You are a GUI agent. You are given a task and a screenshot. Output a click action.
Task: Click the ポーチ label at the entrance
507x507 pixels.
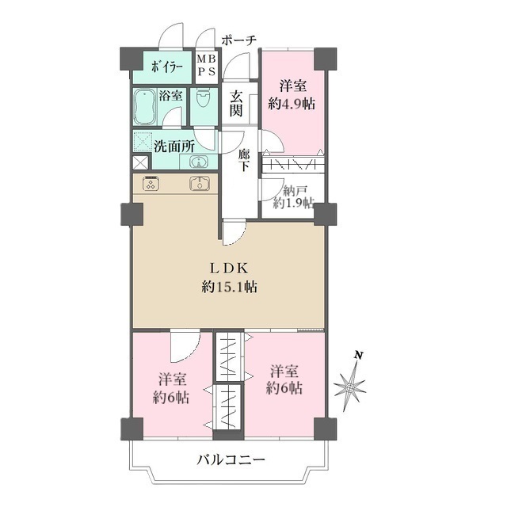pyautogui.click(x=239, y=39)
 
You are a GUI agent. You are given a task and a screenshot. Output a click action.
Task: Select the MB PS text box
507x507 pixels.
pyautogui.click(x=205, y=65)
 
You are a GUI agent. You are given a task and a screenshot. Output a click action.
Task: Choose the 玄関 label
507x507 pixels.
pyautogui.click(x=236, y=102)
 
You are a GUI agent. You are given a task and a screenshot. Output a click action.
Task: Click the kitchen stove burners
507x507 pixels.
pyautogui.click(x=151, y=184)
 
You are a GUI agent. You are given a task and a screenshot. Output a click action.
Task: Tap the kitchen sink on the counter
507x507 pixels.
pyautogui.click(x=198, y=184)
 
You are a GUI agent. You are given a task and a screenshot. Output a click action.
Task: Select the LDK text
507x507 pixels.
pyautogui.click(x=231, y=268)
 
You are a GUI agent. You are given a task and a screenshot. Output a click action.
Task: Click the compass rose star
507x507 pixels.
pyautogui.click(x=349, y=387)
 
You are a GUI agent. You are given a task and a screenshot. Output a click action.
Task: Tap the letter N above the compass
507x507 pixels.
pyautogui.click(x=359, y=356)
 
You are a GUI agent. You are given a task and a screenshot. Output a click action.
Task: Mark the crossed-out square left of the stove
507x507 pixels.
pyautogui.click(x=139, y=162)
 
